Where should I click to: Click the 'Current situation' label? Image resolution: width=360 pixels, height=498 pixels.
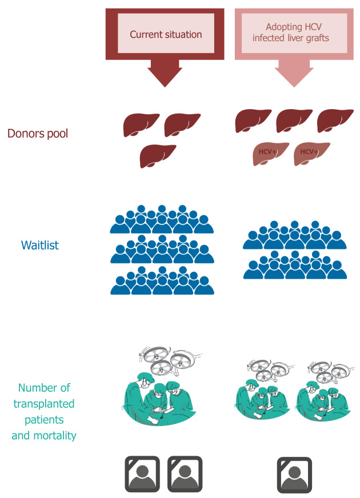[x=166, y=34]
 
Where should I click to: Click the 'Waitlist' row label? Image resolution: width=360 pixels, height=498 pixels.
[x=40, y=246]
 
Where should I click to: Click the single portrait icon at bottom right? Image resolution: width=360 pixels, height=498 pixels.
[x=295, y=474]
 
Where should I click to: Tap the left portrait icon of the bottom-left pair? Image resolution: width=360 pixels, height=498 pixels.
[x=144, y=474]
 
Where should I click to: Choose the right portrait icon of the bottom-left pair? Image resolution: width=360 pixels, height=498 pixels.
[x=186, y=474]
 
